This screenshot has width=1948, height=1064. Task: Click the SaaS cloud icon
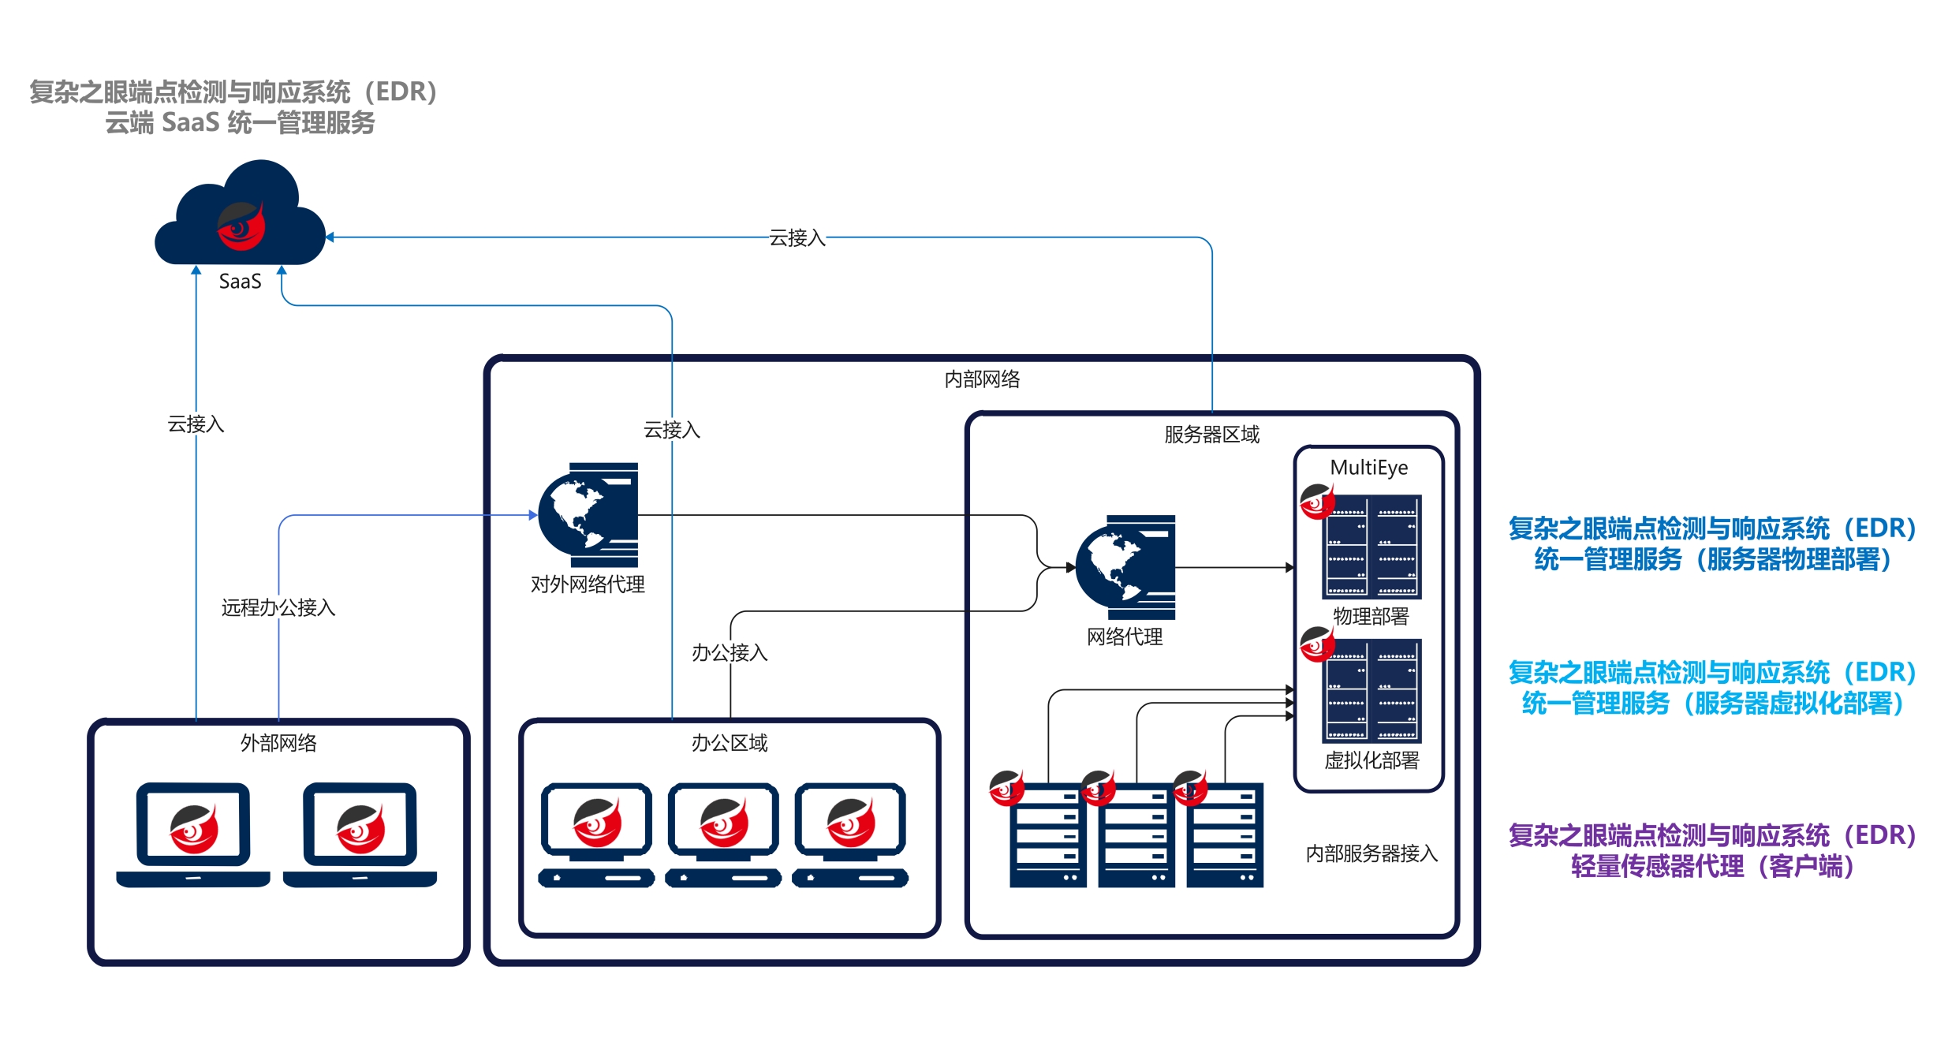(240, 215)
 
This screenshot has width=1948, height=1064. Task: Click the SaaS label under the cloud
(240, 282)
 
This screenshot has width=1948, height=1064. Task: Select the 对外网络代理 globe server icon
(588, 514)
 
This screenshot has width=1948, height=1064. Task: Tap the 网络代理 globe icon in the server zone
(1125, 567)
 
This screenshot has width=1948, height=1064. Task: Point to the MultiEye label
(1368, 468)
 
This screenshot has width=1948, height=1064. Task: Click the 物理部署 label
(1371, 616)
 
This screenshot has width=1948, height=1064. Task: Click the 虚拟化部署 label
(1371, 760)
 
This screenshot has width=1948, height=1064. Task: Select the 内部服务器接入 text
(1371, 853)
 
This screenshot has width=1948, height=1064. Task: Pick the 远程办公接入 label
(278, 607)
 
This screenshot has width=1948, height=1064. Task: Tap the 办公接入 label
(730, 653)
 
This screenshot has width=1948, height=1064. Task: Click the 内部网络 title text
(982, 379)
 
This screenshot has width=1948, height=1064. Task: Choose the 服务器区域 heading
(1211, 435)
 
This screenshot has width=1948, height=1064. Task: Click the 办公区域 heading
(730, 743)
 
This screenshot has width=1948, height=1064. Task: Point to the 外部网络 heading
(278, 743)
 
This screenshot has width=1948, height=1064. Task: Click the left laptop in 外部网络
(193, 834)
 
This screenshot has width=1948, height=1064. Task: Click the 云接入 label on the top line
(797, 237)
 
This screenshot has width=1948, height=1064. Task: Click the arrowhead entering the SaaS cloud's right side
(330, 237)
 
